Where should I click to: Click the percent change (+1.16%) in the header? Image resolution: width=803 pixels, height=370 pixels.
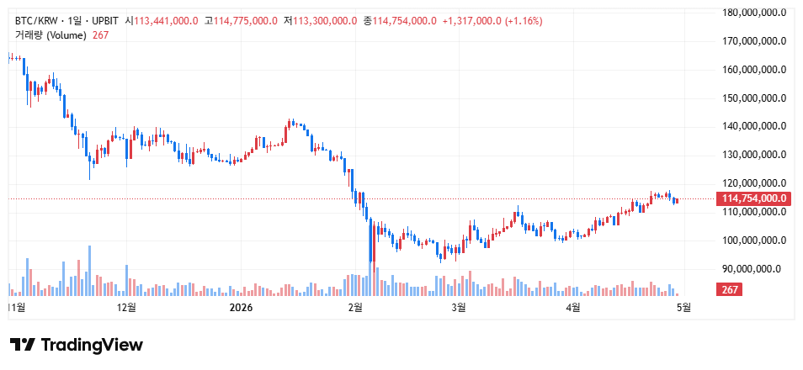pyautogui.click(x=523, y=20)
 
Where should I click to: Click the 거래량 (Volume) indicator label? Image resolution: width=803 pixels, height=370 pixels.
pyautogui.click(x=51, y=34)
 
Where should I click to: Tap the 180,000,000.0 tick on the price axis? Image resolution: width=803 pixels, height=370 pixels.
pyautogui.click(x=754, y=13)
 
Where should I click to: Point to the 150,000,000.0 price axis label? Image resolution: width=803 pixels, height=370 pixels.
pyautogui.click(x=754, y=98)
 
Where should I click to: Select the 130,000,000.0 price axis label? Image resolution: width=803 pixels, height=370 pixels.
pyautogui.click(x=754, y=155)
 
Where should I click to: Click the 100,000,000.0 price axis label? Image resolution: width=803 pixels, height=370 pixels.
pyautogui.click(x=754, y=240)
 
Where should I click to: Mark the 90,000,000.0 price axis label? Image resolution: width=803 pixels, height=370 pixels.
pyautogui.click(x=757, y=269)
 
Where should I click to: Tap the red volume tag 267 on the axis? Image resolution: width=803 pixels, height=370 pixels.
pyautogui.click(x=729, y=290)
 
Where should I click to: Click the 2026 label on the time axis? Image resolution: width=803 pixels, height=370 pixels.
pyautogui.click(x=242, y=308)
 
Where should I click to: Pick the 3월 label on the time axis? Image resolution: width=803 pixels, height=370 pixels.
pyautogui.click(x=459, y=308)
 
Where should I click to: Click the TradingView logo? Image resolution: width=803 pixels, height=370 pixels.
pyautogui.click(x=77, y=345)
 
